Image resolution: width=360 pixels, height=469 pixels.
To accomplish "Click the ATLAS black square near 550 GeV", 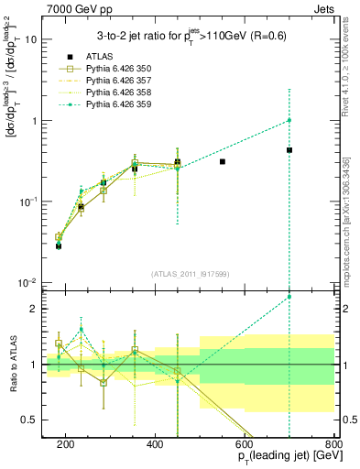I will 223,161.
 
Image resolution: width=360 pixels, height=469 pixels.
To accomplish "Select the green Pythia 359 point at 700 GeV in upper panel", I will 289,120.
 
